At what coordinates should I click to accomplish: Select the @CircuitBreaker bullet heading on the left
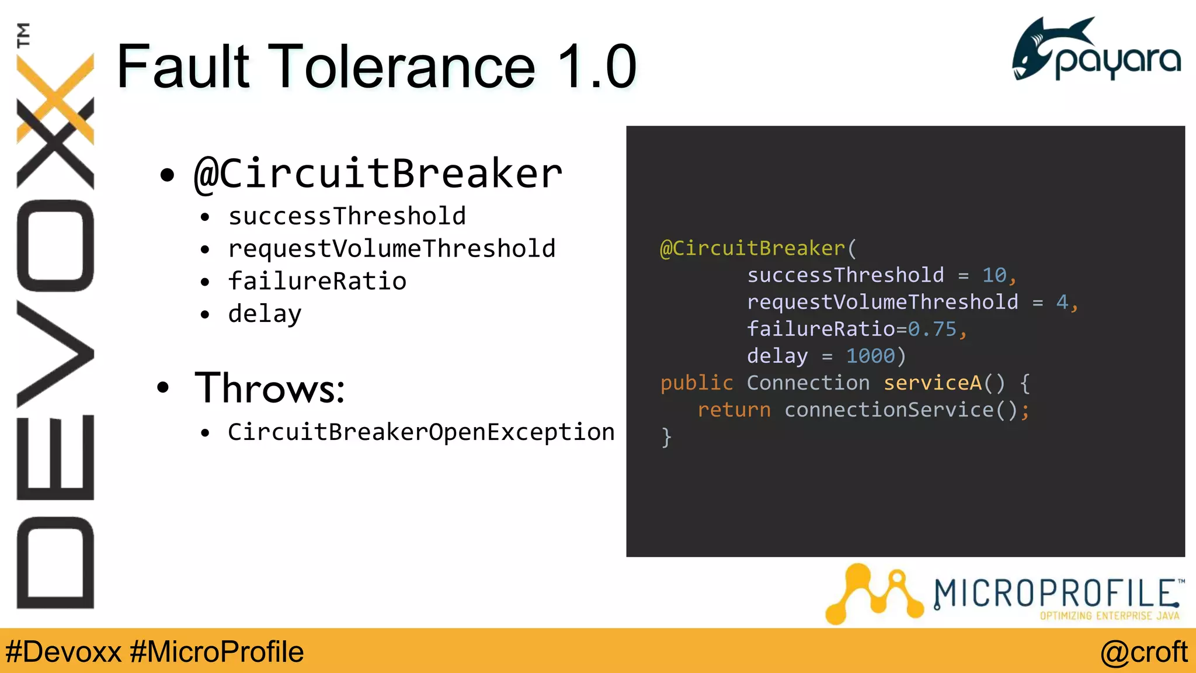coord(378,174)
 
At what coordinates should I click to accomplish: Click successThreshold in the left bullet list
coord(347,216)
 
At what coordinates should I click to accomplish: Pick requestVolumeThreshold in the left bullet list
coord(391,249)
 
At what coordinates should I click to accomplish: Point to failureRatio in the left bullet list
coord(317,282)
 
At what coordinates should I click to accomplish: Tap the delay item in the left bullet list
coord(265,314)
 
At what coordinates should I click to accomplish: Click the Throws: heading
coord(270,388)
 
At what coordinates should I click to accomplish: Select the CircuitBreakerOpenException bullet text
coord(421,432)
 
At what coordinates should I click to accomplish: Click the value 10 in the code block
coord(994,275)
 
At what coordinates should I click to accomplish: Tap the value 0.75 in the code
coord(932,329)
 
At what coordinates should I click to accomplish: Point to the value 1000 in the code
coord(870,356)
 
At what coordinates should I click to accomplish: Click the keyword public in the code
coord(696,383)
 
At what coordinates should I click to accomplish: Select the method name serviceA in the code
coord(932,383)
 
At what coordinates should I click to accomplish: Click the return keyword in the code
coord(733,410)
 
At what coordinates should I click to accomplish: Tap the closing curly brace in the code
coord(666,437)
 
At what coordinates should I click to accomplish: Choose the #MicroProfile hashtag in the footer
coord(217,652)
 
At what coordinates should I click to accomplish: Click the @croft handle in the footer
coord(1143,652)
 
